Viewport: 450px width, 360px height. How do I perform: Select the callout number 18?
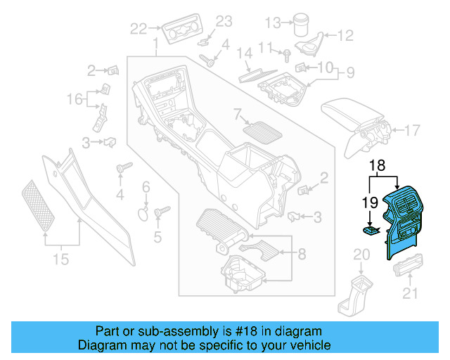tap(378, 166)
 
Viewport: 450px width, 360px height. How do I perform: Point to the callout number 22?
tap(139, 29)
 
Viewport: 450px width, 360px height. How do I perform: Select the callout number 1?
tap(155, 46)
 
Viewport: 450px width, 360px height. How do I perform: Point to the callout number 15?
tap(61, 259)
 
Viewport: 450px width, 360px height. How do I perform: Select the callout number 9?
tap(349, 72)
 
